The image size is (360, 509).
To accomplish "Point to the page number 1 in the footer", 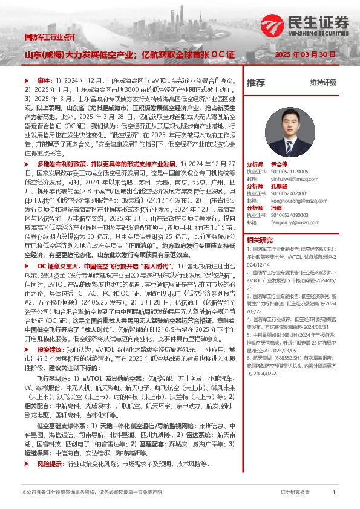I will [x=334, y=493].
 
